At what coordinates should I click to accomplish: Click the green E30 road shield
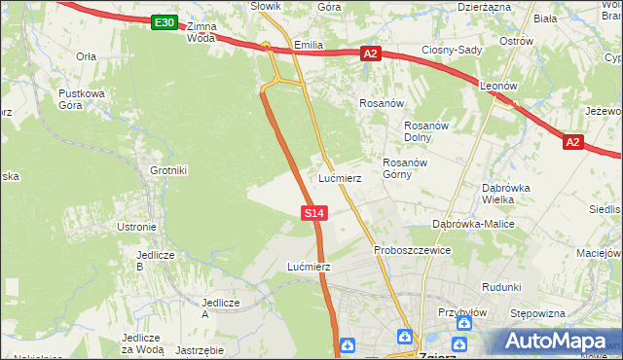[x=165, y=22]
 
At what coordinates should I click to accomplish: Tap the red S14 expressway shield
[x=313, y=211]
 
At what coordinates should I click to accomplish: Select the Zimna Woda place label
[x=201, y=33]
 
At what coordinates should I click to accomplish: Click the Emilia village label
[x=308, y=46]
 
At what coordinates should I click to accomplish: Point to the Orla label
[x=86, y=56]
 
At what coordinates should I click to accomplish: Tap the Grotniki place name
[x=167, y=170]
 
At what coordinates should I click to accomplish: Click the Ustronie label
[x=136, y=227]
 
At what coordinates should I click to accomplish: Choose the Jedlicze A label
[x=219, y=307]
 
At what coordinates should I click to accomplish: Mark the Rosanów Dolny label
[x=424, y=130]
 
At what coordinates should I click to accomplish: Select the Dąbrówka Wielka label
[x=509, y=194]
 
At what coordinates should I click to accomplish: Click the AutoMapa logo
[x=556, y=342]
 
